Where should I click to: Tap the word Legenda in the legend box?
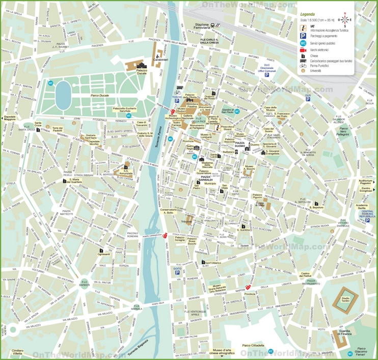307,14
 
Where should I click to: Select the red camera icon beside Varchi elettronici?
303,50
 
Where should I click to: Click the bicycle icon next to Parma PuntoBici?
303,65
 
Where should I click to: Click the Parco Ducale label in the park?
100,95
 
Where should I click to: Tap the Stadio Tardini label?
345,299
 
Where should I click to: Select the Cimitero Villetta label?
17,352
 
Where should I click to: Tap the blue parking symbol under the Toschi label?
177,101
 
